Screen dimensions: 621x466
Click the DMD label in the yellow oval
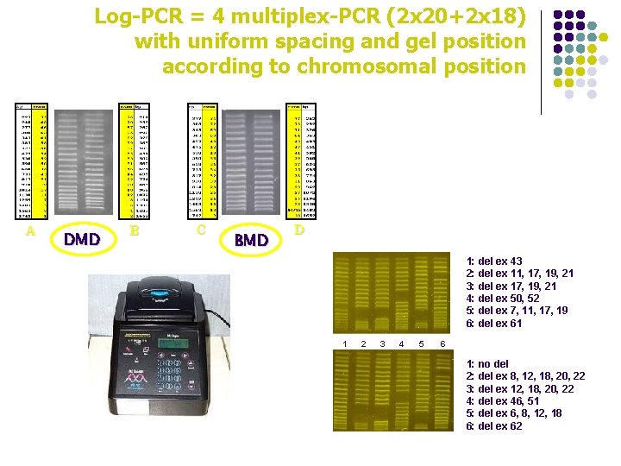pos(82,239)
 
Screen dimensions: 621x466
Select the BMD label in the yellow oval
pos(251,240)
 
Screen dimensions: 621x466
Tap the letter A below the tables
pos(31,231)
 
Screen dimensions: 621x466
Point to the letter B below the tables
pos(134,231)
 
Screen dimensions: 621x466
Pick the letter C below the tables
pos(201,230)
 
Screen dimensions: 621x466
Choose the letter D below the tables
pos(298,230)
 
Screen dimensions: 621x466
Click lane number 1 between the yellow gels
pos(345,344)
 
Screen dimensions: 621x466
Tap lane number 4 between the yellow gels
pos(401,344)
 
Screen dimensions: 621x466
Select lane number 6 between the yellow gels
pos(442,344)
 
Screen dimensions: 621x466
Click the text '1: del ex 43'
pos(494,261)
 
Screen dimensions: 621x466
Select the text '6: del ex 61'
pos(494,324)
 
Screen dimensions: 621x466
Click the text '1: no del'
pos(487,364)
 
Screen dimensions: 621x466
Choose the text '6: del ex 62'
pos(494,426)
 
